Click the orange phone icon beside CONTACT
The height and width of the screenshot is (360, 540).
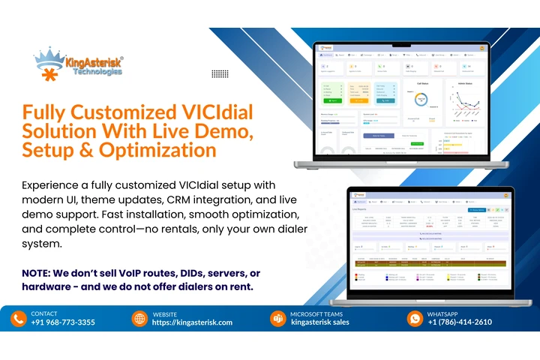point(19,318)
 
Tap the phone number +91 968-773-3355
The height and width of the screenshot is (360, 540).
point(63,322)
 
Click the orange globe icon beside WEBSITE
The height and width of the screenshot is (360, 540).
point(139,318)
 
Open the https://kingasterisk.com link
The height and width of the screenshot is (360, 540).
point(192,322)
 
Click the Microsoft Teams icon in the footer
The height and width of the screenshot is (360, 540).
point(277,318)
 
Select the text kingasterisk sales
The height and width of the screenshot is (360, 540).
point(320,322)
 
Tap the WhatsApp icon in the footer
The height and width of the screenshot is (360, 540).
point(415,318)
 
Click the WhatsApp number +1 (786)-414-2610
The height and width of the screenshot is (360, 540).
point(460,322)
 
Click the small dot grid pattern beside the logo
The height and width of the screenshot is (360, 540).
point(220,73)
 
